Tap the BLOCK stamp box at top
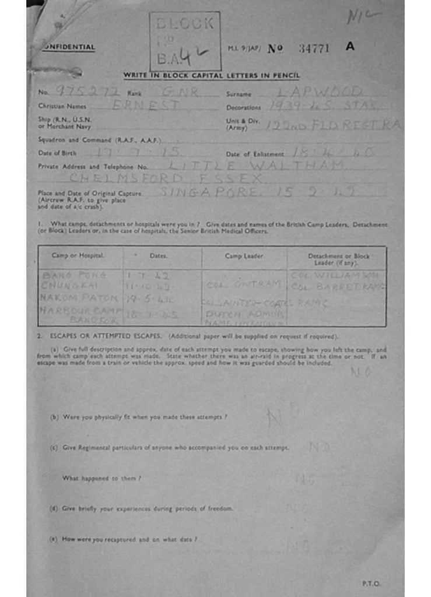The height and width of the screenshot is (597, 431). (185, 41)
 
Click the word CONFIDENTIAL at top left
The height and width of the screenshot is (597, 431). (69, 47)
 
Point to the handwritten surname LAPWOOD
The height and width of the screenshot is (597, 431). (320, 92)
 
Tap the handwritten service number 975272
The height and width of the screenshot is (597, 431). (87, 92)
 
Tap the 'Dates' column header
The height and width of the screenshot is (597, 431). (158, 255)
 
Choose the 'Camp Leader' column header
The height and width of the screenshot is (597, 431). (244, 255)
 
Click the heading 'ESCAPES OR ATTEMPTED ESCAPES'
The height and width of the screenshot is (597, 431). (109, 336)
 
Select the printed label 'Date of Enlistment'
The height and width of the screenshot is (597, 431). (255, 154)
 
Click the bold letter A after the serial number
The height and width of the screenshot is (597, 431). (349, 47)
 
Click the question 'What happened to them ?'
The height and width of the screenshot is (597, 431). (102, 478)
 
